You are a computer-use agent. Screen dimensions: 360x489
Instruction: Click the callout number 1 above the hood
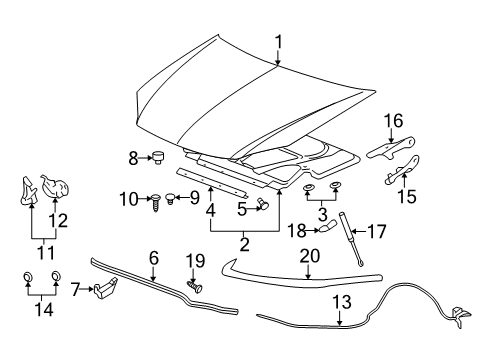279,41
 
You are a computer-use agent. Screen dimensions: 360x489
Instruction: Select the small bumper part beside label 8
156,156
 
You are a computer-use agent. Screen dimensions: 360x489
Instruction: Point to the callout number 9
195,199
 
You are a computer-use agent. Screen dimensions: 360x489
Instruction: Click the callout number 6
154,258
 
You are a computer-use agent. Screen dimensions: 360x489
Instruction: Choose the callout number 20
310,257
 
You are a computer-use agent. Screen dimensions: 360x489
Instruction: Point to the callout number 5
241,209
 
